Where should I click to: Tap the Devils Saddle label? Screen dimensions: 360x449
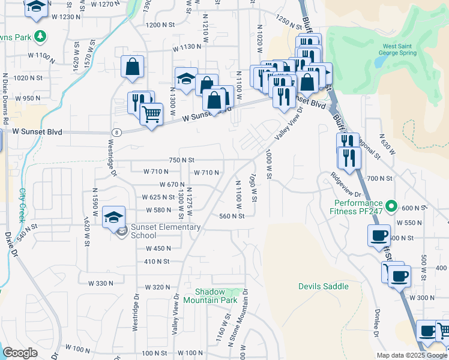(324, 286)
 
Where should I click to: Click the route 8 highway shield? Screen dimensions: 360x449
(116, 132)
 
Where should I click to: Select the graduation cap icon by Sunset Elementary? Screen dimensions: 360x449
(113, 217)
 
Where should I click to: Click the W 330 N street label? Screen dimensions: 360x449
(100, 283)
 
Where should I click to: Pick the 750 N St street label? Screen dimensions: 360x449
(182, 160)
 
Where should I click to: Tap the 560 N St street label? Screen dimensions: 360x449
(232, 217)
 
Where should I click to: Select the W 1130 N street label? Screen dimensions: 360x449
(187, 47)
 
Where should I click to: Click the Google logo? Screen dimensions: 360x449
(20, 353)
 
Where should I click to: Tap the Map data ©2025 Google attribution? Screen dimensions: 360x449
(412, 355)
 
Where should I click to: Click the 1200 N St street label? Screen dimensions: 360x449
(160, 25)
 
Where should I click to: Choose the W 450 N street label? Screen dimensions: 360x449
(158, 248)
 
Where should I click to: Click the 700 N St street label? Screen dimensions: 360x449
(379, 178)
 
